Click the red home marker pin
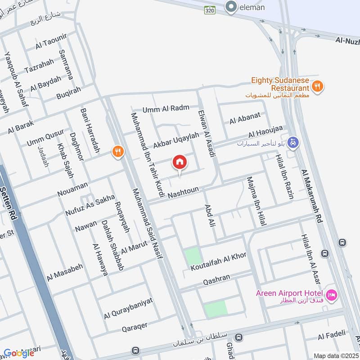point(180,162)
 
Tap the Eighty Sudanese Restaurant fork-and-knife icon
point(318,86)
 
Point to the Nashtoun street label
point(183,192)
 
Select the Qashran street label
point(217,279)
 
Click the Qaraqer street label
point(135,328)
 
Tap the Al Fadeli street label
point(332,334)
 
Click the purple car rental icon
point(293,142)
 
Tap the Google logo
point(19,353)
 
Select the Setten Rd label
point(11,198)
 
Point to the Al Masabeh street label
point(64,270)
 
